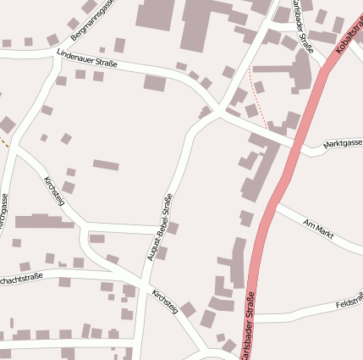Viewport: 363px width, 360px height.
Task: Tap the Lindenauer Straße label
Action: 86,58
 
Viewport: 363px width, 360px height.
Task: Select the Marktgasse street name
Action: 343,146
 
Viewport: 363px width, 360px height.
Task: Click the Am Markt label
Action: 319,225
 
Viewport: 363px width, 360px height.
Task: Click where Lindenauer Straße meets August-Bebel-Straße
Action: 217,111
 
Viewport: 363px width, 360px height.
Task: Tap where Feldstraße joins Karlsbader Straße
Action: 253,318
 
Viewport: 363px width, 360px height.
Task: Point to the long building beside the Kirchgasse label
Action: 44,222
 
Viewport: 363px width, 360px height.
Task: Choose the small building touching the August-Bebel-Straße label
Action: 173,228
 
